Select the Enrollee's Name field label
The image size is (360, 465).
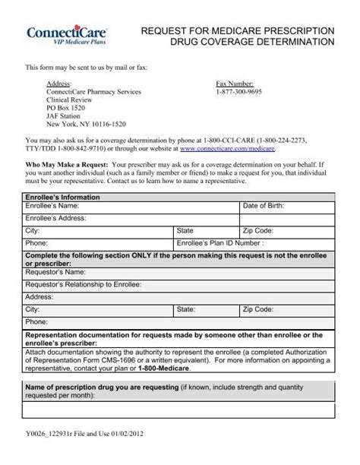52,206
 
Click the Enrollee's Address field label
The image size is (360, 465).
56,217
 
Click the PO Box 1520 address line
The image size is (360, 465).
66,107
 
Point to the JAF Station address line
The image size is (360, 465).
65,115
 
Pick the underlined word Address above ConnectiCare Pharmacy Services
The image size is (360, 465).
59,83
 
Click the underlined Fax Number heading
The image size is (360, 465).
235,83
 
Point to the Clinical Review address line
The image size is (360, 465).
70,99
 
